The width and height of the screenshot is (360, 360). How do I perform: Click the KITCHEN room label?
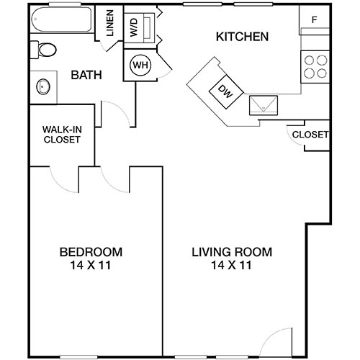tap(243, 37)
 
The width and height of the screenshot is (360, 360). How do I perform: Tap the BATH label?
tap(86, 74)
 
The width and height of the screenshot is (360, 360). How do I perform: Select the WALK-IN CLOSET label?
tap(61, 134)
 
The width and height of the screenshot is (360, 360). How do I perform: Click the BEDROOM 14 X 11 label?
tap(90, 258)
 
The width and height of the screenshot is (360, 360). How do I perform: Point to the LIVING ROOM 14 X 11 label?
tap(231, 258)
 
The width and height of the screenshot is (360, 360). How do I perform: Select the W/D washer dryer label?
tap(135, 28)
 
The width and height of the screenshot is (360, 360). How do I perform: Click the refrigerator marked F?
tap(314, 20)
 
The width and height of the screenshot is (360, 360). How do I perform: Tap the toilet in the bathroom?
tap(44, 50)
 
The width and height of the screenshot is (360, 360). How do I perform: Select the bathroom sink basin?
tap(42, 87)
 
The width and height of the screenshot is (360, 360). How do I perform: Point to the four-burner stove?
tap(314, 66)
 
